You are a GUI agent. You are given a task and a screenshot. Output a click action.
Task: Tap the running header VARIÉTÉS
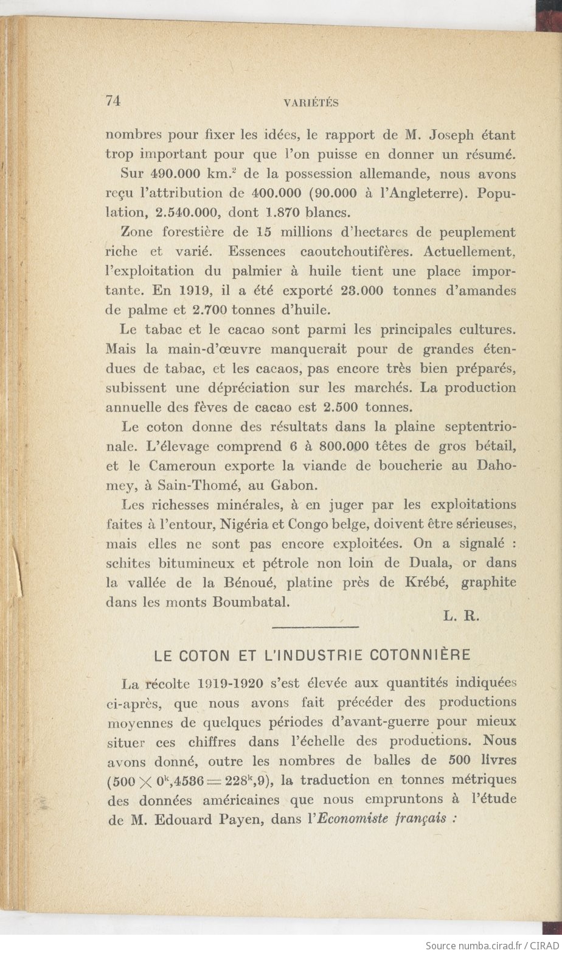click(311, 103)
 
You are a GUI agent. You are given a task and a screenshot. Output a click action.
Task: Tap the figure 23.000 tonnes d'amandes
click(357, 290)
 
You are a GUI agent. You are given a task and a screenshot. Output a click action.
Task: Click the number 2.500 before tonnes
click(344, 407)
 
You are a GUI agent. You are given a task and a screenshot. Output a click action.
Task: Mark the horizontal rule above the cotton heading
click(316, 627)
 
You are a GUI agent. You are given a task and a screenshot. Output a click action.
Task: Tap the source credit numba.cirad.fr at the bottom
click(476, 946)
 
